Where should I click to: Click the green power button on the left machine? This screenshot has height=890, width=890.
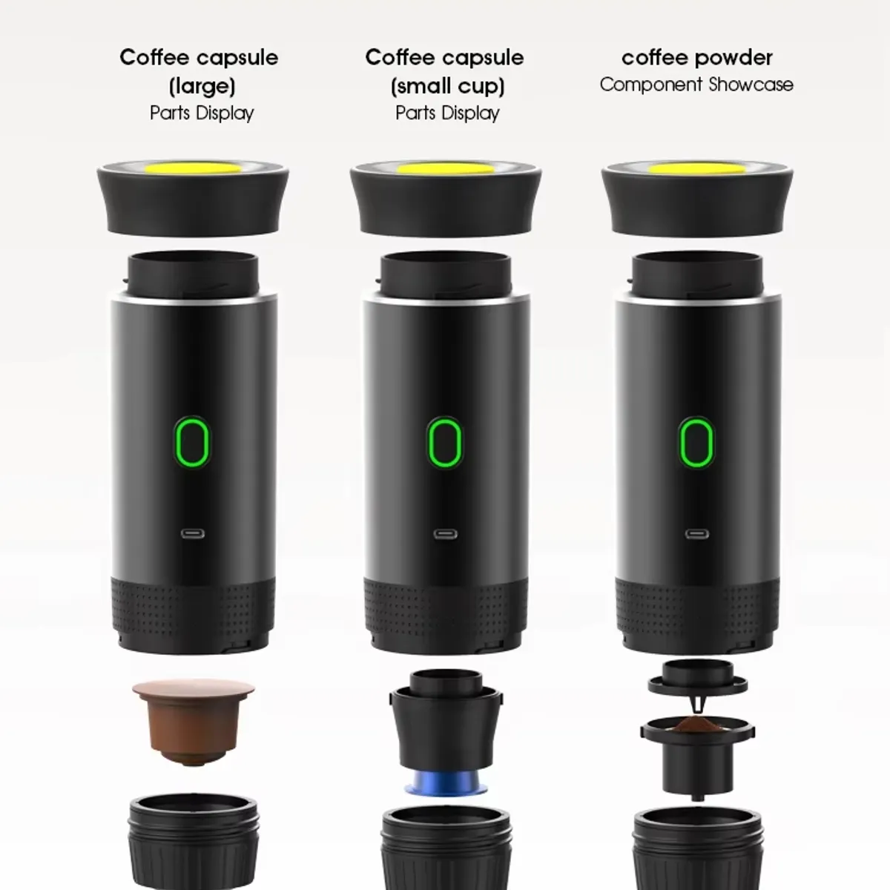click(x=194, y=443)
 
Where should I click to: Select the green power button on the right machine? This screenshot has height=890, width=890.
click(x=696, y=443)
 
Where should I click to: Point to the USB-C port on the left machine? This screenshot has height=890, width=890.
click(x=194, y=534)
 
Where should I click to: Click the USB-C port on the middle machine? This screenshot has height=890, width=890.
click(x=445, y=534)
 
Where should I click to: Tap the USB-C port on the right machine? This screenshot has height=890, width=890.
click(x=696, y=534)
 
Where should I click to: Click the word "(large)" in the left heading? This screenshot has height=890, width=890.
click(x=202, y=86)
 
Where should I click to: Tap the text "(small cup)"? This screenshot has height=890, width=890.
click(x=447, y=86)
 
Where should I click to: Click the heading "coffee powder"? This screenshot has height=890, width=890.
click(x=696, y=57)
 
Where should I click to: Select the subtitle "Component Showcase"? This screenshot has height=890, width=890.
click(x=696, y=85)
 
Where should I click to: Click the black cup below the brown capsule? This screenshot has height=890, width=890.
click(x=194, y=845)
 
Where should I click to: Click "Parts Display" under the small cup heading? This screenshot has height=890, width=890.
click(x=447, y=113)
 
